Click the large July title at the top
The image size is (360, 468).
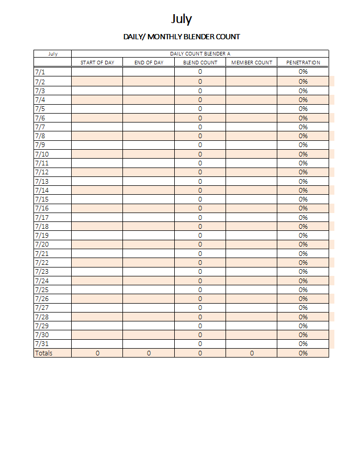coord(182,19)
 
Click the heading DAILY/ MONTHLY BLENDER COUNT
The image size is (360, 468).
coord(182,37)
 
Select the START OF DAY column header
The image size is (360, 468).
coord(97,63)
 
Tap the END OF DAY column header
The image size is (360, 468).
coord(149,63)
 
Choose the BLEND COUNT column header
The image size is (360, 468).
coord(200,63)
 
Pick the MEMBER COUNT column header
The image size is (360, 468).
coord(252,63)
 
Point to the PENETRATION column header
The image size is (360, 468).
coord(303,63)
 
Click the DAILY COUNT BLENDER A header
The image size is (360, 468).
coord(200,53)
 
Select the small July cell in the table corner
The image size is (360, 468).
coord(52,53)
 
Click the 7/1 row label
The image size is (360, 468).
coord(40,72)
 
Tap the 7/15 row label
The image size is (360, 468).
coord(41,199)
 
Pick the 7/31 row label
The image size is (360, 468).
coord(41,344)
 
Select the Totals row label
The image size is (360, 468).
coord(43,353)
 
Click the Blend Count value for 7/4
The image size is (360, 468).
coord(200,99)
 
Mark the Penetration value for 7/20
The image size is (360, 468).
coord(303,244)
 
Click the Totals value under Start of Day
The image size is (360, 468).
coord(97,353)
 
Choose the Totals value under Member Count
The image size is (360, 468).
coord(252,353)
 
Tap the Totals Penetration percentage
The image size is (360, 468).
coord(303,353)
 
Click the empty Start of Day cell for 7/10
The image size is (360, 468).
coord(97,154)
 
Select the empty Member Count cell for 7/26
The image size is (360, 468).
coord(252,298)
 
